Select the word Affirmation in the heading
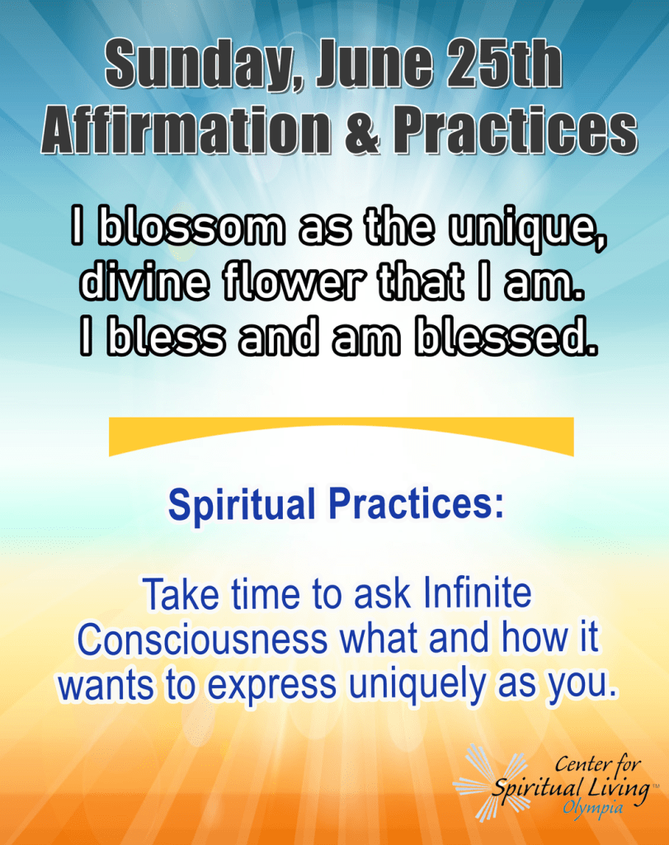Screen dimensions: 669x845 pos(186,130)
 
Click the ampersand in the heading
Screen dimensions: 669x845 pos(362,130)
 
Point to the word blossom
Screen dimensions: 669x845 pos(191,227)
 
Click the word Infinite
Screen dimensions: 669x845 pos(478,592)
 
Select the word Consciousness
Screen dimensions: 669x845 pos(202,640)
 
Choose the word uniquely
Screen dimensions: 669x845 pos(417,686)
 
